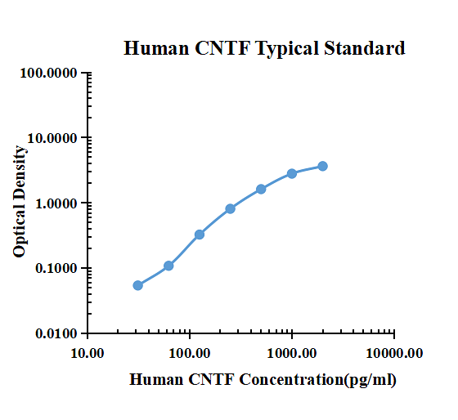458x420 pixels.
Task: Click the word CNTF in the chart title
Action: point(222,48)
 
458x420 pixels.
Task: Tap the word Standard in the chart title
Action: point(365,48)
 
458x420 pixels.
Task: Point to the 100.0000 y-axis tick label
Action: point(48,73)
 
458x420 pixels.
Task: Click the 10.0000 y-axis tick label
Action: point(52,138)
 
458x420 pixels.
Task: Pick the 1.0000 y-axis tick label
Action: point(56,203)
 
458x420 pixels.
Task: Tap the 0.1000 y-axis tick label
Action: point(56,268)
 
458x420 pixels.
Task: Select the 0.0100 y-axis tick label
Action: point(56,333)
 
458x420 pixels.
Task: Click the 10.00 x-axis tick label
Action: point(88,353)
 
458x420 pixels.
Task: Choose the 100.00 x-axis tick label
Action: point(190,353)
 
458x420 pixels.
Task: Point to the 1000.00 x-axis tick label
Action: point(292,353)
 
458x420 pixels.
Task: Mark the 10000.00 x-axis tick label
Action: point(394,353)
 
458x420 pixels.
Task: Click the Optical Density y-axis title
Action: point(20,201)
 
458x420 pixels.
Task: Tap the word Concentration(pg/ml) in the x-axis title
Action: point(318,380)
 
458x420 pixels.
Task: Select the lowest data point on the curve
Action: point(138,285)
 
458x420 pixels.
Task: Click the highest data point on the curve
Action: point(322,166)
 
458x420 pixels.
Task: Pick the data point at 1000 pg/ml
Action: point(292,174)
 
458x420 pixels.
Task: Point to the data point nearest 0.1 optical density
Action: point(168,266)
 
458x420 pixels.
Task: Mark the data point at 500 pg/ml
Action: point(261,189)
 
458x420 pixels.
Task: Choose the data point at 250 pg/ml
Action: point(230,208)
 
